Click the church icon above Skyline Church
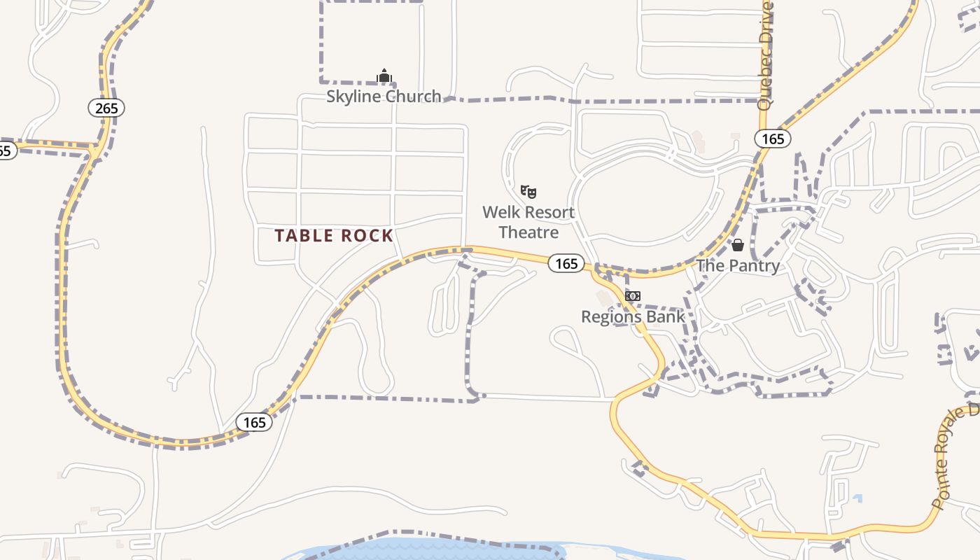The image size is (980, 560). pos(384,76)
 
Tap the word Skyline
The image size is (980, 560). pos(354,97)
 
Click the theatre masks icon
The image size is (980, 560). pos(528,191)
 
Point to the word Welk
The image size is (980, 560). pos(500,212)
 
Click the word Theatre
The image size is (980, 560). pos(528,232)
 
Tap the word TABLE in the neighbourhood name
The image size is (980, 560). pos(303,236)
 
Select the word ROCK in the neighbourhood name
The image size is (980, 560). pos(367,236)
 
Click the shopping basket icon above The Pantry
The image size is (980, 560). pos(737,245)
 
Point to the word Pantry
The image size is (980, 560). pos(754,266)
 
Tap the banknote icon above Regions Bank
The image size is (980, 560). pos(632,296)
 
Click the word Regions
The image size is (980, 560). pos(610,317)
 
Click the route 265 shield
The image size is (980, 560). pos(106,108)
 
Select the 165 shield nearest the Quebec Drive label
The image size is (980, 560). pos(773,139)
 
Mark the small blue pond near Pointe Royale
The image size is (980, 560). pos(857,498)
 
